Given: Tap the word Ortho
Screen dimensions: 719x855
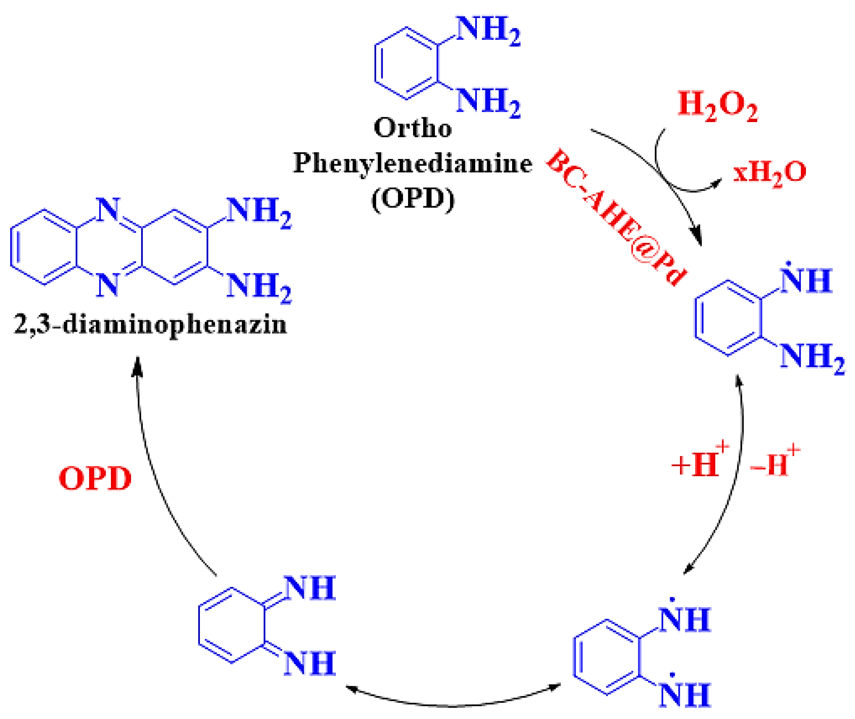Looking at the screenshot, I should (x=412, y=128).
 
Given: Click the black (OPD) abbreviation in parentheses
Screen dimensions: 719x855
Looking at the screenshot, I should (x=412, y=199).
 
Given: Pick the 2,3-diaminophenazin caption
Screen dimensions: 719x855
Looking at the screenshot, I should (x=150, y=325).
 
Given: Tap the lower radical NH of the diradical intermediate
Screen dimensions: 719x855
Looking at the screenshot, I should (x=685, y=695).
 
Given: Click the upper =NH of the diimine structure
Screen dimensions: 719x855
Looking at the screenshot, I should (x=310, y=588).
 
